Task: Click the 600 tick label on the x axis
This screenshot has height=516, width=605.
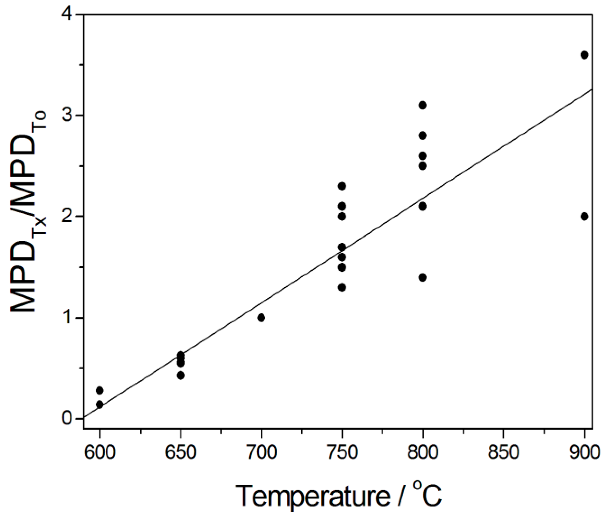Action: click(99, 453)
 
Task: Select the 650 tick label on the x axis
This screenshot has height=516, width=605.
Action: click(180, 453)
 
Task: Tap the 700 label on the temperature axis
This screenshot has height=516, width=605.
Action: click(261, 453)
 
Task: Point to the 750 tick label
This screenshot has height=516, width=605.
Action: click(342, 453)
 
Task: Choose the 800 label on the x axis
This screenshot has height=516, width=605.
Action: click(423, 453)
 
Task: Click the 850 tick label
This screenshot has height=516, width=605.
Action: click(504, 453)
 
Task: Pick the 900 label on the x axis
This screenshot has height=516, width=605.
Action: click(584, 453)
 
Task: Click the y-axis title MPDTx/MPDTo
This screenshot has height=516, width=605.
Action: click(29, 212)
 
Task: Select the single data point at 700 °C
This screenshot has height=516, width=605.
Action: click(261, 318)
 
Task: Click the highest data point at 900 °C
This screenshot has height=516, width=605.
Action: click(584, 55)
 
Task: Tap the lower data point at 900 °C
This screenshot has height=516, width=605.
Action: click(584, 216)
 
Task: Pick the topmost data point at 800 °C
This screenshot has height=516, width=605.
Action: click(423, 105)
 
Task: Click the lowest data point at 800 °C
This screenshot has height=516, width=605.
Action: click(423, 277)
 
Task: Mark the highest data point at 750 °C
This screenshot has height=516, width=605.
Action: click(342, 186)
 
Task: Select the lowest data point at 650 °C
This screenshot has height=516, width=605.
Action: click(180, 376)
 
